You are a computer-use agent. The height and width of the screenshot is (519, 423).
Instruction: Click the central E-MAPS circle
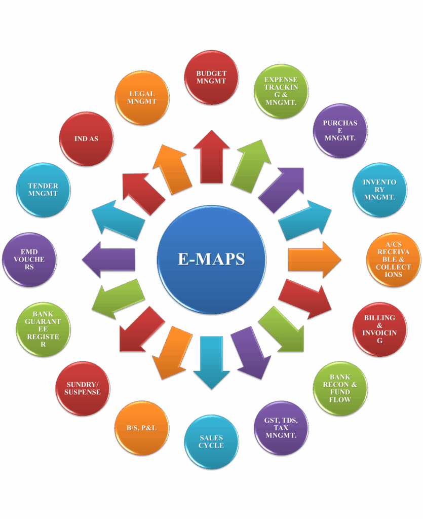tap(211, 259)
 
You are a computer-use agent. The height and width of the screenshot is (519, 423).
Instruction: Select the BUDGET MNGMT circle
tap(211, 78)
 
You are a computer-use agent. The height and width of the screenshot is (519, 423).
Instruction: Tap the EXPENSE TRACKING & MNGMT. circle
tap(281, 91)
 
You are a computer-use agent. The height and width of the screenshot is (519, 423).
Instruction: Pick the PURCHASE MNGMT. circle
tap(340, 131)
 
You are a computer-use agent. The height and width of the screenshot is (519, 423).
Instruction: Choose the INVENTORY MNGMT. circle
tap(379, 190)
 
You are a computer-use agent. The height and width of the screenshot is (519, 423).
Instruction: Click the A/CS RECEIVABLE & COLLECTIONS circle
tap(394, 259)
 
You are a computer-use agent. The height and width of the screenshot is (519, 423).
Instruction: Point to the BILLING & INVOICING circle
tap(379, 329)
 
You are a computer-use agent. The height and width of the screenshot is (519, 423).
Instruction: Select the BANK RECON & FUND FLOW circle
tap(340, 389)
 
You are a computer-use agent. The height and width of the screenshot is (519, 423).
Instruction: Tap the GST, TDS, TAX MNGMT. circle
tap(281, 428)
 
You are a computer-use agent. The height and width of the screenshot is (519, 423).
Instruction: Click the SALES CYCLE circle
tap(211, 442)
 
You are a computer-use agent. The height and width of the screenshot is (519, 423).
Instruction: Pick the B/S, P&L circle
tap(142, 428)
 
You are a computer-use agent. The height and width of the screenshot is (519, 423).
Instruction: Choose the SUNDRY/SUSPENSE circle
tap(83, 389)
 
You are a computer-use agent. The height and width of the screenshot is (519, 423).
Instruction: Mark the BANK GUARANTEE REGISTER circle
tap(43, 329)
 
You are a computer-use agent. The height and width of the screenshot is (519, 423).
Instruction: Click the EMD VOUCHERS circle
tap(29, 259)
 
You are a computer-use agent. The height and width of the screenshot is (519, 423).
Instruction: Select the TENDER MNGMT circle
tap(43, 190)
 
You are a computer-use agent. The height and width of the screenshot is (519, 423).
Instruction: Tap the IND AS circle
tap(87, 139)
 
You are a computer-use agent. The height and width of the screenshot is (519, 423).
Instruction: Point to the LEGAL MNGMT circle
tap(142, 98)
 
